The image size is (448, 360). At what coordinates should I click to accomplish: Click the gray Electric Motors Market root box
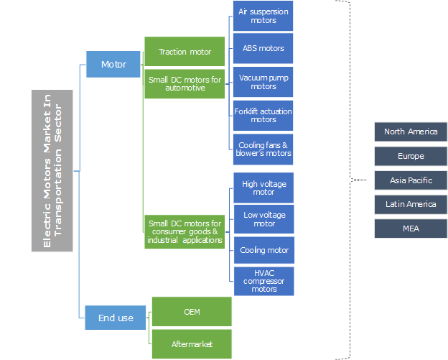click(52, 170)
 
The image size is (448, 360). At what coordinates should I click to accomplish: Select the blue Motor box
click(113, 64)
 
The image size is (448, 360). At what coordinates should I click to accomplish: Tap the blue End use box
click(116, 318)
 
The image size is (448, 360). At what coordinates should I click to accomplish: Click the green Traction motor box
click(185, 52)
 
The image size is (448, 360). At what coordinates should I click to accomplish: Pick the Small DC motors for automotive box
click(185, 83)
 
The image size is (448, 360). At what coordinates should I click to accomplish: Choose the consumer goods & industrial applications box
click(185, 231)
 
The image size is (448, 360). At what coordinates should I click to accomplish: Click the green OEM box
click(192, 311)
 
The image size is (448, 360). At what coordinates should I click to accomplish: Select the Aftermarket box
click(192, 343)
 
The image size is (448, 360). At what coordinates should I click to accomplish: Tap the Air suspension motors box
click(263, 16)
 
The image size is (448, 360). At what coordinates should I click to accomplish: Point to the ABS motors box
click(263, 48)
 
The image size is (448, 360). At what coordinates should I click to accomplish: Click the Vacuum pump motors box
click(263, 81)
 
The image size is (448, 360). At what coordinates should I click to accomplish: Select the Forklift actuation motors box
click(263, 115)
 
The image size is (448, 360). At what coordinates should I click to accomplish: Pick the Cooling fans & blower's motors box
click(263, 149)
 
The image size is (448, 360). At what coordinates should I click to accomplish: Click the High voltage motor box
click(263, 188)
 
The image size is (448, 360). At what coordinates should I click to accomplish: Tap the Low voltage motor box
click(263, 218)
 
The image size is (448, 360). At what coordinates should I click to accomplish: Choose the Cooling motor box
click(263, 250)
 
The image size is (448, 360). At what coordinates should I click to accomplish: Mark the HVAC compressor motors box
click(263, 281)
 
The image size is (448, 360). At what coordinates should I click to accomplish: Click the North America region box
click(411, 131)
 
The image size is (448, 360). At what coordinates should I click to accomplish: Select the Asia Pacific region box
click(411, 180)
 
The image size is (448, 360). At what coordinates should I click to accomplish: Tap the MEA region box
click(411, 229)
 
